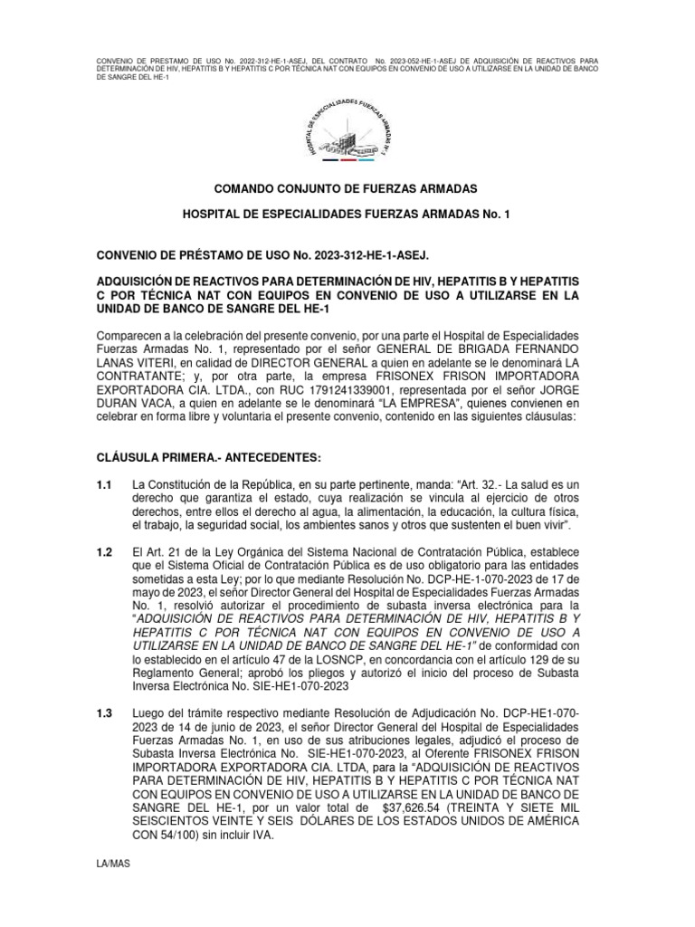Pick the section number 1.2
point(103,551)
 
